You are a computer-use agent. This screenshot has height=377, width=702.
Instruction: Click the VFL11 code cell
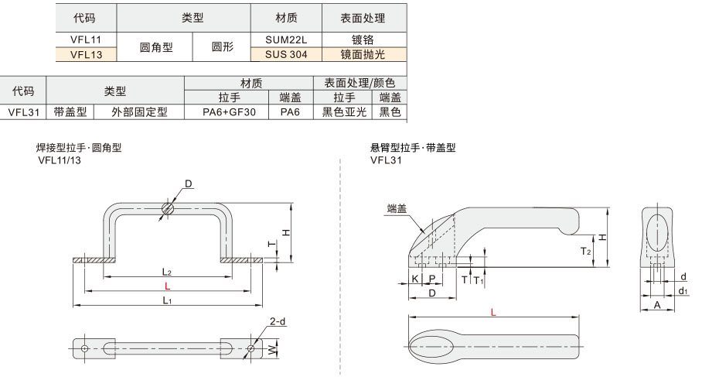(x=86, y=39)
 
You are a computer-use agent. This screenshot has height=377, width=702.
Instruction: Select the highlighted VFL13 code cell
(x=86, y=54)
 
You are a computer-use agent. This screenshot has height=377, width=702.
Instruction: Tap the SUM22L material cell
(x=286, y=39)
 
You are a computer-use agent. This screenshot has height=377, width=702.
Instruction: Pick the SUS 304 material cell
(x=286, y=54)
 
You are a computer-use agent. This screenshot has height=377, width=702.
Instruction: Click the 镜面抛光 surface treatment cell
(x=363, y=54)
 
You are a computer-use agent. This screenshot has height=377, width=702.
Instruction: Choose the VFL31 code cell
(x=23, y=112)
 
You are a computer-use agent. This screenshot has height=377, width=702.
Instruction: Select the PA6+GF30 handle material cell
(x=229, y=112)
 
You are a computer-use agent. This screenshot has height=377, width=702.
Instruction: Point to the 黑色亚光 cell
(x=344, y=112)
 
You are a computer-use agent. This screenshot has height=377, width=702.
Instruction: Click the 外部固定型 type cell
(x=139, y=112)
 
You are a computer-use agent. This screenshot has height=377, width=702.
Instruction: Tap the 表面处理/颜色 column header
(x=360, y=83)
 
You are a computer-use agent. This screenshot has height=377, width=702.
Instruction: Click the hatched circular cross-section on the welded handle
(x=168, y=208)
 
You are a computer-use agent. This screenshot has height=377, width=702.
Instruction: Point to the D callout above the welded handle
(x=189, y=183)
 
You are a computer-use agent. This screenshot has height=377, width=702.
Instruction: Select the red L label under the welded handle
(x=168, y=286)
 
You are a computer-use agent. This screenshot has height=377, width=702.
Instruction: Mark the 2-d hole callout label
(x=278, y=321)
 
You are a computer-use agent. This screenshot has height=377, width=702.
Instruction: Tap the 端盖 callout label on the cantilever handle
(x=397, y=208)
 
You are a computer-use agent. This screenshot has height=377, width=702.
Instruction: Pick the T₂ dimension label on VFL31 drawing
(x=585, y=252)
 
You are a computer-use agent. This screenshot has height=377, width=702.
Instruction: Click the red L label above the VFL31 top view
(x=493, y=312)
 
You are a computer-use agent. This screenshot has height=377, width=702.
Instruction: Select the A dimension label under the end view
(x=657, y=305)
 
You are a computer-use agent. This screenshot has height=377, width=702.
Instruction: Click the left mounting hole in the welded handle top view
(x=84, y=348)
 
